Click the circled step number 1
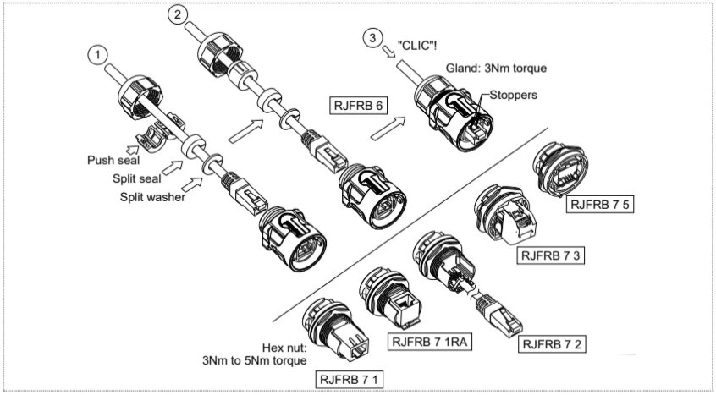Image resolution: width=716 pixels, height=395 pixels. click(x=100, y=54)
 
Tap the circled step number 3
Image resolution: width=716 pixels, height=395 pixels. click(x=371, y=37)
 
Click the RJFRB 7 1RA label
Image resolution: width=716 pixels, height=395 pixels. click(x=429, y=342)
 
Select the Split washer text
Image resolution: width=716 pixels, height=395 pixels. click(x=147, y=195)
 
